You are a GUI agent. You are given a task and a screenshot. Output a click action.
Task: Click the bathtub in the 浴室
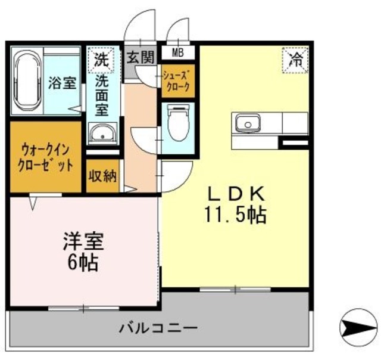26,82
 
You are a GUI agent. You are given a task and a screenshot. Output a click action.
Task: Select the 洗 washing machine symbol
101,60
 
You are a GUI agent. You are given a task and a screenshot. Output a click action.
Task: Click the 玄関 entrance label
139,57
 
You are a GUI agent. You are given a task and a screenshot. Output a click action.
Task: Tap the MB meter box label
178,53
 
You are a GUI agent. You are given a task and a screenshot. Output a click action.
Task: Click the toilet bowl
177,122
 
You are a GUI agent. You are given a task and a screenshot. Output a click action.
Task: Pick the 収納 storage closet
102,176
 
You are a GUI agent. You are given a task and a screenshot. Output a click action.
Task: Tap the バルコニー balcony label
158,327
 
